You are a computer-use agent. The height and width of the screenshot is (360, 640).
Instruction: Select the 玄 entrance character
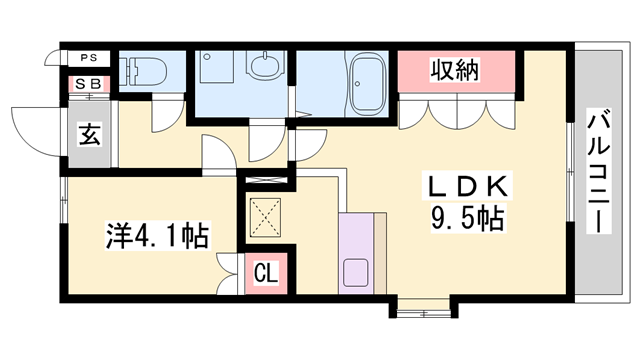point(88,135)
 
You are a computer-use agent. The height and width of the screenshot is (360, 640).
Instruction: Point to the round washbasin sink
point(265,67)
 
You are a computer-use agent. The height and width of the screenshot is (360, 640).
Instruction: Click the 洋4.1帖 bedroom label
point(158,238)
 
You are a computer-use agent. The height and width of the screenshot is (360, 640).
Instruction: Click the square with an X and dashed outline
point(266,217)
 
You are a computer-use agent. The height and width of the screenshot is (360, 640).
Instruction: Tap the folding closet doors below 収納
point(458,112)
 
